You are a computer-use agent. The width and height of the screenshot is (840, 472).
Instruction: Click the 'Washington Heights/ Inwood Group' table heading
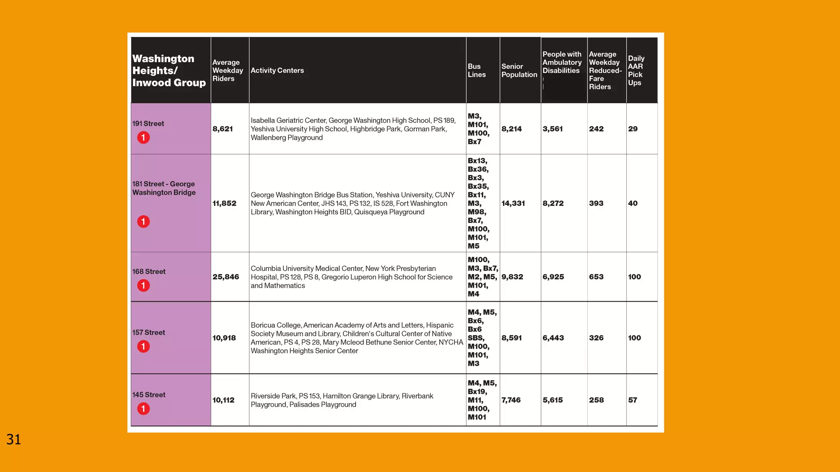(169, 70)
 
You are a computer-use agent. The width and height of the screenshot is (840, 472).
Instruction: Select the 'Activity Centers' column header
(277, 70)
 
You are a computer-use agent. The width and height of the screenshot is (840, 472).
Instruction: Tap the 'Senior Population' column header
(519, 70)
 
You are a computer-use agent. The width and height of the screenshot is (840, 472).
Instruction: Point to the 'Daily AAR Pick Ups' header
(636, 70)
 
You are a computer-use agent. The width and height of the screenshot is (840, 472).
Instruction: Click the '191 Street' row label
(148, 124)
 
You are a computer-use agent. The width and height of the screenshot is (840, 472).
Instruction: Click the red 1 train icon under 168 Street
(143, 286)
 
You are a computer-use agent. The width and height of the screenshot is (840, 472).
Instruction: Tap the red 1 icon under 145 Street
(143, 409)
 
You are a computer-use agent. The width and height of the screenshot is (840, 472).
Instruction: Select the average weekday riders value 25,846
(226, 277)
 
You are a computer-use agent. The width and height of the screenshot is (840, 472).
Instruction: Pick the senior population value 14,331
(513, 203)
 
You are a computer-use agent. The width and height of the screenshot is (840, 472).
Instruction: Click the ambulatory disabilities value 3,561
(552, 129)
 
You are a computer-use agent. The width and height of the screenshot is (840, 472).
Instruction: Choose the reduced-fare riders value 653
(596, 277)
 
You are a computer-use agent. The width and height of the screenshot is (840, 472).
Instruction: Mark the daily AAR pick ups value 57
(632, 400)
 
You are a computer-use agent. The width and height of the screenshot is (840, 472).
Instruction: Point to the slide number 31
(14, 440)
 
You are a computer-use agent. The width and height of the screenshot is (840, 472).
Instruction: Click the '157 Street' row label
(148, 333)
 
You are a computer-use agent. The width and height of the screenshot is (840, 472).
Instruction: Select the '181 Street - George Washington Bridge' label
(164, 188)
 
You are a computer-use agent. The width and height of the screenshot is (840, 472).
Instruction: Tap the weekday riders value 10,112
(224, 400)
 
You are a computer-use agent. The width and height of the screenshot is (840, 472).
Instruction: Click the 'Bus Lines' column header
(477, 70)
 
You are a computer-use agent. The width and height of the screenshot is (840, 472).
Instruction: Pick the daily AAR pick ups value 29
(632, 129)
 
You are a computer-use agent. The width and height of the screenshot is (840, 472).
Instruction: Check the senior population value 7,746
(511, 400)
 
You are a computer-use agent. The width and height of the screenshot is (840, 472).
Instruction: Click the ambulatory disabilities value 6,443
(553, 338)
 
